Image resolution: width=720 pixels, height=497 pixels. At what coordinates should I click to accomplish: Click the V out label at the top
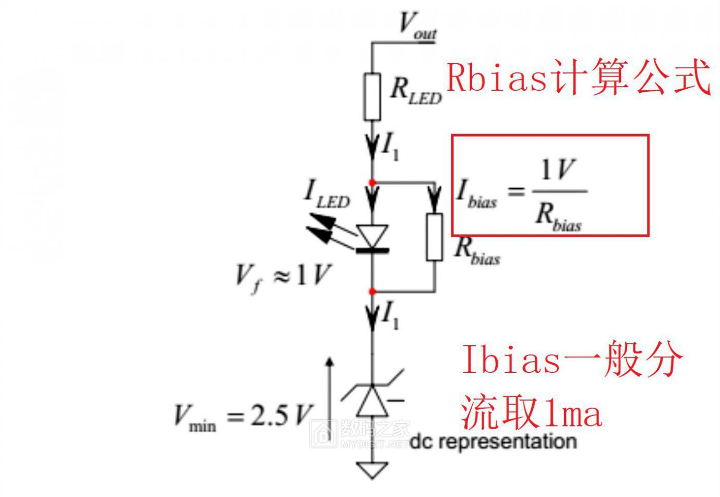point(418,26)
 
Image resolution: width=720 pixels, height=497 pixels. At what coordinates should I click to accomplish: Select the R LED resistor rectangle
point(372,97)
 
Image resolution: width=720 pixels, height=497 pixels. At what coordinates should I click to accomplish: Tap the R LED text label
point(416,92)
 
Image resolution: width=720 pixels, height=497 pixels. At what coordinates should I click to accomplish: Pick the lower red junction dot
point(372,292)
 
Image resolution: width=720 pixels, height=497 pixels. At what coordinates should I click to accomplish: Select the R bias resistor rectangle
point(434,237)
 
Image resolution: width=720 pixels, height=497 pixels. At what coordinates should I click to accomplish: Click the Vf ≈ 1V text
point(283,277)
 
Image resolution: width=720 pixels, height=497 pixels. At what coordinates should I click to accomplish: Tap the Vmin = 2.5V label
point(243,417)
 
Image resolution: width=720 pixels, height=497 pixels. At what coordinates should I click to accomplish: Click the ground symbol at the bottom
point(372,470)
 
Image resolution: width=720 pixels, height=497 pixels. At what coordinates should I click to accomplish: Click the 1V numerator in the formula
point(558,169)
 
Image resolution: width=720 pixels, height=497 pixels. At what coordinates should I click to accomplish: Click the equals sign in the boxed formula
point(516,192)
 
